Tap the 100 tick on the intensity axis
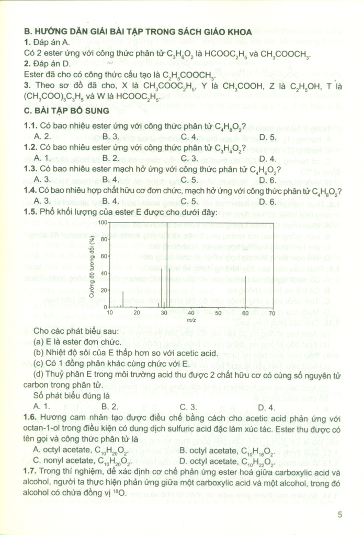(x=103, y=223)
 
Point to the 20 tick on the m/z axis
(x=136, y=313)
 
